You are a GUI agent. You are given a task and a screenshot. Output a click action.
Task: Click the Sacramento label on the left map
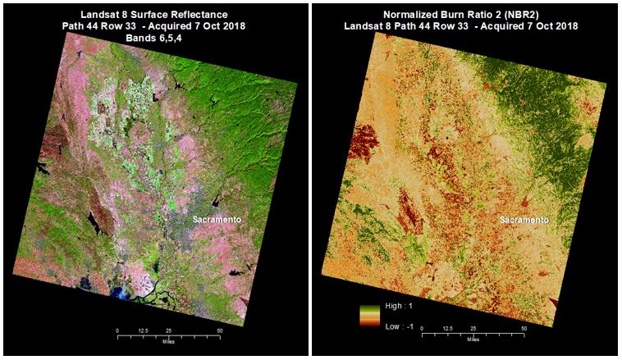tap(217, 221)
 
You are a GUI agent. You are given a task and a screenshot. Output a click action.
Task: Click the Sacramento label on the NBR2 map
tap(524, 221)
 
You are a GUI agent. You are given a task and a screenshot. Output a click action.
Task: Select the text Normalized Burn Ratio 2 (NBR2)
tap(465, 15)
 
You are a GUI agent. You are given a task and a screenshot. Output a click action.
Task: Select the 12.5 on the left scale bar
tap(143, 330)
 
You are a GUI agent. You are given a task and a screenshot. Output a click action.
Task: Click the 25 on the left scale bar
tap(168, 330)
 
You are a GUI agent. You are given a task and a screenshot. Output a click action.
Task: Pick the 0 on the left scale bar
tap(117, 330)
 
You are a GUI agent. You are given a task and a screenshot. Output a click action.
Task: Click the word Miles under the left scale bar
tap(168, 342)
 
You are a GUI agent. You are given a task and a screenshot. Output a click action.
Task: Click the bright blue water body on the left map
tap(125, 292)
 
